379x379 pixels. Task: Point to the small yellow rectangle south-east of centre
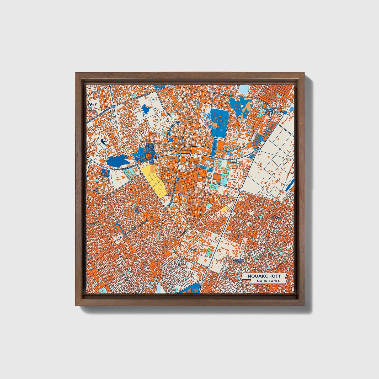225,209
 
